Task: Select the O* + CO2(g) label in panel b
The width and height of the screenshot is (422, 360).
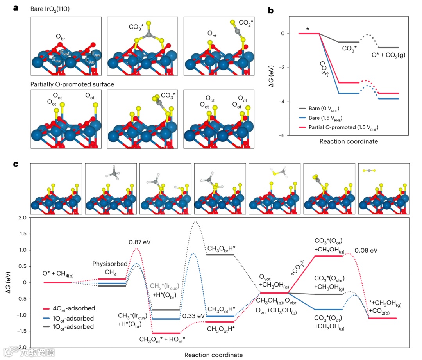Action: click(x=388, y=55)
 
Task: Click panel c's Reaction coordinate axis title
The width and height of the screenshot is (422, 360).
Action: click(x=213, y=355)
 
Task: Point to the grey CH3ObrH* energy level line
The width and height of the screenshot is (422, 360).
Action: click(x=220, y=255)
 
